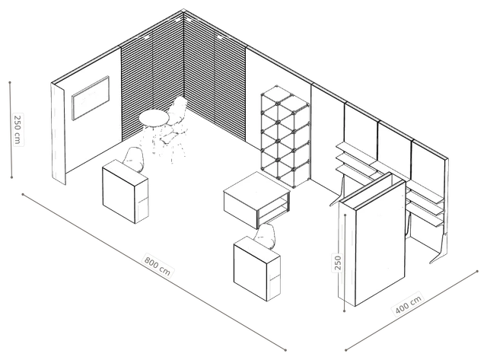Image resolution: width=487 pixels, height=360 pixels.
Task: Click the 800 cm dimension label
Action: pyautogui.click(x=158, y=266)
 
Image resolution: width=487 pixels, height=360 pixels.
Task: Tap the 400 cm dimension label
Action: pyautogui.click(x=409, y=304)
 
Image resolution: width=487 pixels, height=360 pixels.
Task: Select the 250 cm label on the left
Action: pyautogui.click(x=18, y=129)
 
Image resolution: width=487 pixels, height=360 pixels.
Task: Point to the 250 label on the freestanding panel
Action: pyautogui.click(x=338, y=263)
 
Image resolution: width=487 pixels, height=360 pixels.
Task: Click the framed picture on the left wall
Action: pyautogui.click(x=91, y=97)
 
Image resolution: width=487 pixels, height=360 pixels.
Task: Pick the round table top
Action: pyautogui.click(x=154, y=118)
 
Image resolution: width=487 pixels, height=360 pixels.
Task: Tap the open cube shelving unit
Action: pyautogui.click(x=285, y=136)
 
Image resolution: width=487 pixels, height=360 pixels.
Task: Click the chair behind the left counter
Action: pyautogui.click(x=134, y=159)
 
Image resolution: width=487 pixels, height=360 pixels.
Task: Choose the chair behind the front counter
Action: pyautogui.click(x=266, y=236)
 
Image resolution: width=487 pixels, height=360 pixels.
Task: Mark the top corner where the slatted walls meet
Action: pyautogui.click(x=184, y=11)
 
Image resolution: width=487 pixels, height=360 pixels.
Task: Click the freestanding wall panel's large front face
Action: pyautogui.click(x=380, y=244)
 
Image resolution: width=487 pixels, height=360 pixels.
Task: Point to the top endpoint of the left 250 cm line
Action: pyautogui.click(x=10, y=83)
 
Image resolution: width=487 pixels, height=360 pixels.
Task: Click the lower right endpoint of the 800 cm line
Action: pyautogui.click(x=285, y=350)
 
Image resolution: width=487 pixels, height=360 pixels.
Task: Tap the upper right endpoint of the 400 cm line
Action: pyautogui.click(x=478, y=271)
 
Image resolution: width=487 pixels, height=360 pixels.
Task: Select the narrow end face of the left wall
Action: pyautogui.click(x=58, y=133)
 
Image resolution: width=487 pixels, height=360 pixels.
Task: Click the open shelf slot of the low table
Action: pyautogui.click(x=273, y=209)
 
